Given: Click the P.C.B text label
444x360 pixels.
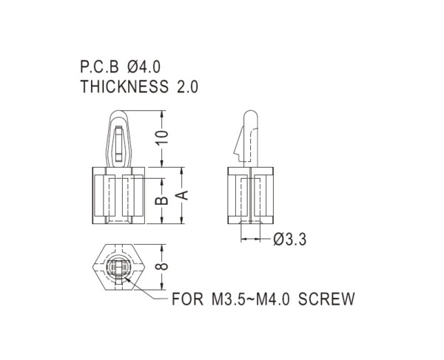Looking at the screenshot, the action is [x=99, y=67].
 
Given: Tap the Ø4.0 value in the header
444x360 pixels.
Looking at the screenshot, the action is [x=144, y=67].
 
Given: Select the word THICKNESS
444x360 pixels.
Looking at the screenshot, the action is [x=124, y=86].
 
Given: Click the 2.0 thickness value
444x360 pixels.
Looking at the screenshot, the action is [x=187, y=86].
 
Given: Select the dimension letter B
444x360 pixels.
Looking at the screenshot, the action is [x=162, y=200].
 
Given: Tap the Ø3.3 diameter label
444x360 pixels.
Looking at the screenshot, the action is [x=289, y=240].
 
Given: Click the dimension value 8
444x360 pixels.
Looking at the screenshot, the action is [x=162, y=267].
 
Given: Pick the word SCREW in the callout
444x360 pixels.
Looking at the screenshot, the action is [x=326, y=299].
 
